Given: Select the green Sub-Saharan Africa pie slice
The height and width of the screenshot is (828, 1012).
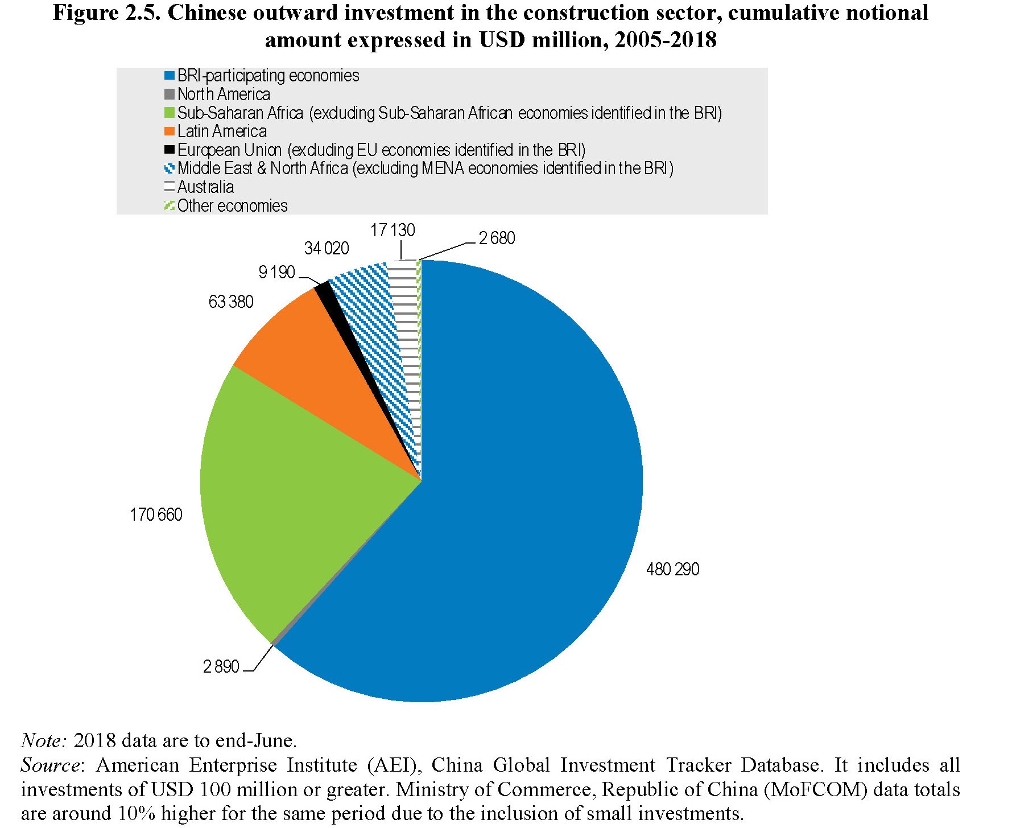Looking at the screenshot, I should point(284,501).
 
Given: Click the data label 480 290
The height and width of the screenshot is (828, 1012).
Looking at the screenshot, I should point(672,569).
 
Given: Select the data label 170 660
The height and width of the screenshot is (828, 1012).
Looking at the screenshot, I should point(156,514).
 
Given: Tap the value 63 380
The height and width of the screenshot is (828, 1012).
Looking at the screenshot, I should point(231,302).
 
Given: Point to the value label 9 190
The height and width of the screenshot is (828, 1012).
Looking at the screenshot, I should point(276,273).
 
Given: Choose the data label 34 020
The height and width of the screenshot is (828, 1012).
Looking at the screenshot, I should point(327,248).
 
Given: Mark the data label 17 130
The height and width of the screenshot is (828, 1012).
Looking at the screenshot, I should point(393,230).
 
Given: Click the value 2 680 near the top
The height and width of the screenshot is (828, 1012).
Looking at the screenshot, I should point(497,238).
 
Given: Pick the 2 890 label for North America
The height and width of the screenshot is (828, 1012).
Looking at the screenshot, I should point(221,666).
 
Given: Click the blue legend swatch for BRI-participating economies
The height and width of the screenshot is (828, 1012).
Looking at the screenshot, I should point(169,76).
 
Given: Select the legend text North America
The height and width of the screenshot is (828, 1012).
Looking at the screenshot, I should point(224,94).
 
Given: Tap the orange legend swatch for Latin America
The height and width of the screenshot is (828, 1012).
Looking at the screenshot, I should point(169,131).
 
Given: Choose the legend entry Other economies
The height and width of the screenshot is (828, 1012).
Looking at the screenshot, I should point(232,205).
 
